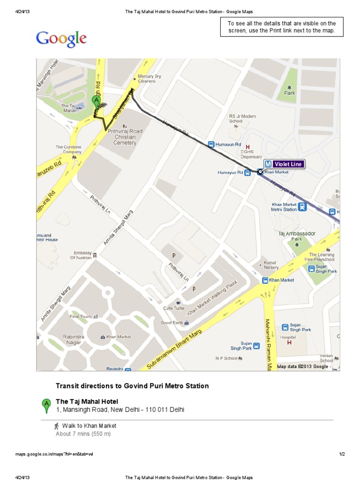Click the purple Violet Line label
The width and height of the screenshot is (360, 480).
284,164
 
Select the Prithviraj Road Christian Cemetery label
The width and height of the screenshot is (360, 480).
125,137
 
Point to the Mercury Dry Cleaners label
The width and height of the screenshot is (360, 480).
149,79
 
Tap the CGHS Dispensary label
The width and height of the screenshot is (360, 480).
251,154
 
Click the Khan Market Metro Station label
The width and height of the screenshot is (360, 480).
285,207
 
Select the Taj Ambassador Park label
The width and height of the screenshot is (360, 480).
297,236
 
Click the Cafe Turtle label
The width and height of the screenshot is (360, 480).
174,308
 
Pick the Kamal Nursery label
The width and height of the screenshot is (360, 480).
271,265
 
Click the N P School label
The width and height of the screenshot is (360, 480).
226,358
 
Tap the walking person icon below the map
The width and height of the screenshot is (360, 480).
57,426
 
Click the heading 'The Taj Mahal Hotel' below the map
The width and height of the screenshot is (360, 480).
87,401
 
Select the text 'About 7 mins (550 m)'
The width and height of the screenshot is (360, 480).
83,434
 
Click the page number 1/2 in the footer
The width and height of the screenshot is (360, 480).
342,454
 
